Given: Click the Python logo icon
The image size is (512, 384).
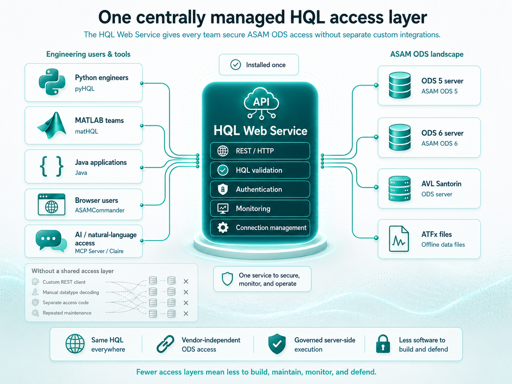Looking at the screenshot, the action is [x=52, y=82].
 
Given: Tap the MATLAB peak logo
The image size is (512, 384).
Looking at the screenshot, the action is [x=52, y=126].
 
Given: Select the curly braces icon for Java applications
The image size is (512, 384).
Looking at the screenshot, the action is [x=52, y=166].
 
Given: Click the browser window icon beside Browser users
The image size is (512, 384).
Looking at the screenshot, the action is [x=52, y=204].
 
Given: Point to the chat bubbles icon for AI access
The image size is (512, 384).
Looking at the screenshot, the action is [x=51, y=241].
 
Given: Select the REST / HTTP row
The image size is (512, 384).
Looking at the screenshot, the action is [x=260, y=151].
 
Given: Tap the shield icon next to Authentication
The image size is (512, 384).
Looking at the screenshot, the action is [x=223, y=189].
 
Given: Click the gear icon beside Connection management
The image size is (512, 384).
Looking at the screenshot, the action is [x=223, y=228].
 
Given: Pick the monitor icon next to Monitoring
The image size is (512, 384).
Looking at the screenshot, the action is [x=223, y=208].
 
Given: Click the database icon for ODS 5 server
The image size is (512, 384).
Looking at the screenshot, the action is [x=400, y=85].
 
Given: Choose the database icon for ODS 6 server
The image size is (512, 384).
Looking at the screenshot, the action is [x=400, y=137].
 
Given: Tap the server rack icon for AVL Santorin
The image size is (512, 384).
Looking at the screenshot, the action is [x=400, y=188].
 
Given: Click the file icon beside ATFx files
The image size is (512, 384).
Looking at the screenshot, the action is [x=399, y=239].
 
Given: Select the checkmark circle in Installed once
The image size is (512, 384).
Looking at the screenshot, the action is [x=235, y=65].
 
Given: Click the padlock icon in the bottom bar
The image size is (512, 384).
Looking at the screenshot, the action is [x=383, y=344].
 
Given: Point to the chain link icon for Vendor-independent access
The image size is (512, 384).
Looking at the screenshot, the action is [x=165, y=344].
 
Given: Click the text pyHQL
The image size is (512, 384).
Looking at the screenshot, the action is [x=85, y=89].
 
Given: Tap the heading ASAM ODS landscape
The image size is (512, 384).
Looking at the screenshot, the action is [x=427, y=54].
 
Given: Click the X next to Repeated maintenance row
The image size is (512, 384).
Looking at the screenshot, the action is [x=186, y=314].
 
